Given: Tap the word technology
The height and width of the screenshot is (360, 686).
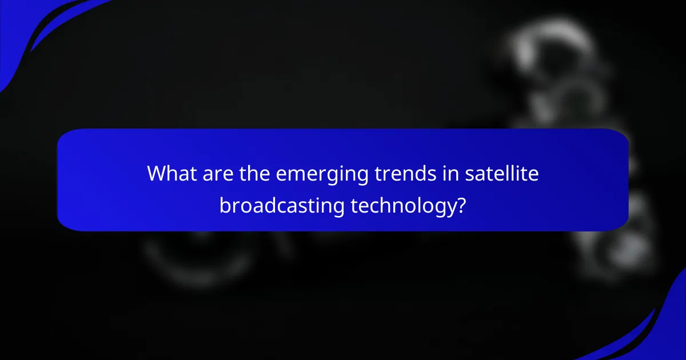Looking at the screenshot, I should (401, 205).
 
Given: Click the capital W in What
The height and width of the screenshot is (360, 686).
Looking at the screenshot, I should (157, 174).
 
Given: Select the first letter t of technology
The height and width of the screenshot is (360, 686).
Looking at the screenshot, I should (354, 205).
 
